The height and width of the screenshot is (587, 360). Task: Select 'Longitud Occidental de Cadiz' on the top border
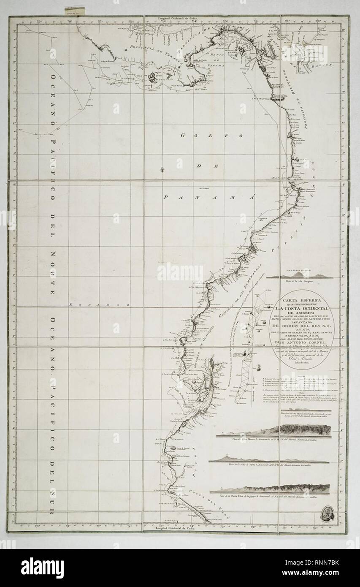[x=177, y=19]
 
